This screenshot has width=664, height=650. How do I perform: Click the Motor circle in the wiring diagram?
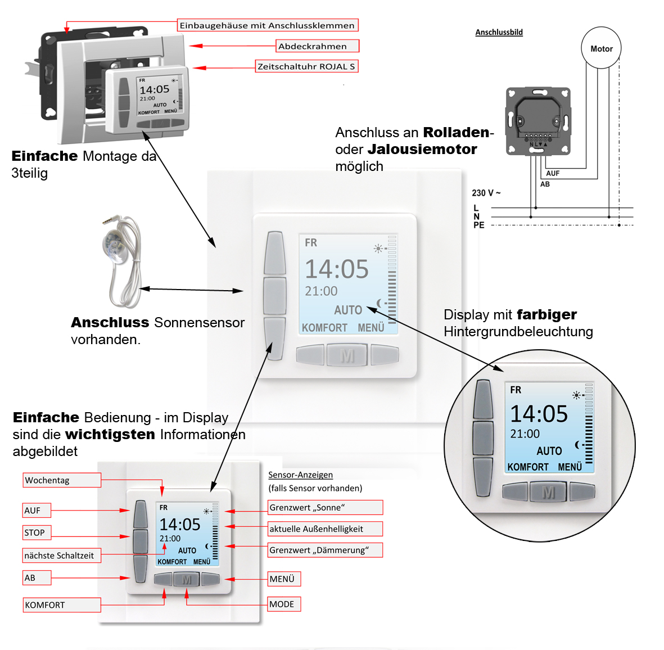coord(601,48)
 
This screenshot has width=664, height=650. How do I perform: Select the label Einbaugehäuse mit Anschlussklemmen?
coord(267,25)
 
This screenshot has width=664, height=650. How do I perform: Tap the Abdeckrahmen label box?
coord(317,46)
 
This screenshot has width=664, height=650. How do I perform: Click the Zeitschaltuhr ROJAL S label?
coord(306,66)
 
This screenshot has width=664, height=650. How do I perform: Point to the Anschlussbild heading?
coord(499,33)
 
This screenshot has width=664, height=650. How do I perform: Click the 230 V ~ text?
coord(486,193)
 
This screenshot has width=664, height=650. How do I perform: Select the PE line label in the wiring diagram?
coord(478,225)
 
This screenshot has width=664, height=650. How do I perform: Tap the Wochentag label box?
coord(62,480)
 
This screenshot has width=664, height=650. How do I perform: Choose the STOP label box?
coord(37,532)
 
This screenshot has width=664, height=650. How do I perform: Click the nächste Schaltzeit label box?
coord(62,556)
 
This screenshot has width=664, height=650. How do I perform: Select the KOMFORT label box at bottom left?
coord(62,605)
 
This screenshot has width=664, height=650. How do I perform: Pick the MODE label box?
coord(284,604)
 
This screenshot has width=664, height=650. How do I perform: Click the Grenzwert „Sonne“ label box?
coord(325,508)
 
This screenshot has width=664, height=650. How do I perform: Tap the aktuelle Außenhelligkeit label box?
coord(325,529)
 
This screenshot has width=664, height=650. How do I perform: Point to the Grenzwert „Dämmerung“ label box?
coord(325,550)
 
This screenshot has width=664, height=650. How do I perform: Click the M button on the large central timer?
coord(347,355)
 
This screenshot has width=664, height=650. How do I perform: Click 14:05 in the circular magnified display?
coord(539,414)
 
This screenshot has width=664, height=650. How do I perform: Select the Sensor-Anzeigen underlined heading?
coord(300,475)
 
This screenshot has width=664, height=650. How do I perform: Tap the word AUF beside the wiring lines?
coord(553,173)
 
